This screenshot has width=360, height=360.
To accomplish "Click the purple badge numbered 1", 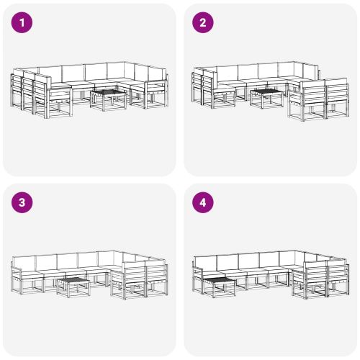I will tap(24, 23).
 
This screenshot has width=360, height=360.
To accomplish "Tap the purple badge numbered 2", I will tap(203, 23).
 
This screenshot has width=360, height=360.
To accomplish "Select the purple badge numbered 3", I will tap(24, 202).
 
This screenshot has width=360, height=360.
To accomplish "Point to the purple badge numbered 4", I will tap(203, 202).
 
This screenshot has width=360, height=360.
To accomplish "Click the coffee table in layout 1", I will tap(109, 99).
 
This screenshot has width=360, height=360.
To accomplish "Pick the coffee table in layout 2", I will tap(267, 97).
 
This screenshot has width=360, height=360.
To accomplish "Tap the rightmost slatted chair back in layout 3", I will tap(158, 274).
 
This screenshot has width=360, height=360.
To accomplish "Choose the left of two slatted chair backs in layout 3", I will tap(133, 274).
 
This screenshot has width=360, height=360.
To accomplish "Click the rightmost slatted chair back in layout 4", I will tap(338, 274).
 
